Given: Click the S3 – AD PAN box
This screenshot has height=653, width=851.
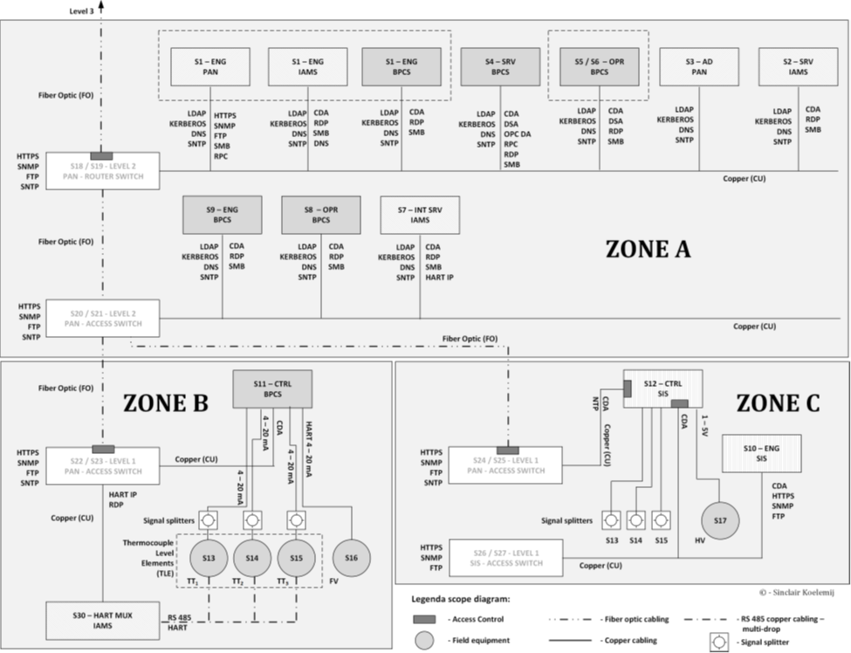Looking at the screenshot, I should (698, 66).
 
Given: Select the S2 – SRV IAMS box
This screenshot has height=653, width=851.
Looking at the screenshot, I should (798, 66).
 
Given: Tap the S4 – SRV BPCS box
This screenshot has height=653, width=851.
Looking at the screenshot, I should (500, 66).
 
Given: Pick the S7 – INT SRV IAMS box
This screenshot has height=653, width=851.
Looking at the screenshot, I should (420, 215).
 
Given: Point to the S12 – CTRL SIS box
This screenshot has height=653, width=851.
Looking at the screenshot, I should (662, 388).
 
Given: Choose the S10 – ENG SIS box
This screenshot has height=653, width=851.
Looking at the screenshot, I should (761, 453).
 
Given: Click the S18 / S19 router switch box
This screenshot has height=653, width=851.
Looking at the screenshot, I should (102, 170).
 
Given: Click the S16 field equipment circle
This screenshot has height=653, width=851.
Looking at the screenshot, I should (351, 557).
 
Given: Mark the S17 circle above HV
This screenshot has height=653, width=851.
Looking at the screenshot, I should (720, 521).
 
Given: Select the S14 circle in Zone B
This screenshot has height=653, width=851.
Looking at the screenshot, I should (251, 557).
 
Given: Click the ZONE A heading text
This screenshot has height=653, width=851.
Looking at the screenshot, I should (648, 249).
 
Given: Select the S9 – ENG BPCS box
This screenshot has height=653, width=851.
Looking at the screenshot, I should (222, 215).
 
